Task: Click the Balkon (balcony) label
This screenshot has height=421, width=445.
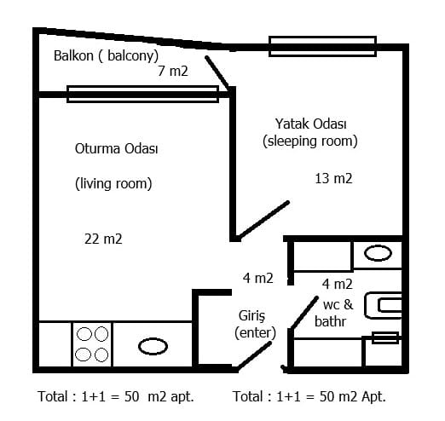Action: point(106,55)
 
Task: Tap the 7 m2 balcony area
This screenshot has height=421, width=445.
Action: point(173,71)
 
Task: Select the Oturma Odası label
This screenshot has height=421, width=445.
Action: point(116,148)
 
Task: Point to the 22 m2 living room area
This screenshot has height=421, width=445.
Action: point(103,239)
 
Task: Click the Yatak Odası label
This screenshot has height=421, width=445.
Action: point(310,124)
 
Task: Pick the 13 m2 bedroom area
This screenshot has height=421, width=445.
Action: point(333,179)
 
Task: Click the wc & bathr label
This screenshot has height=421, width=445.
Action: point(334,314)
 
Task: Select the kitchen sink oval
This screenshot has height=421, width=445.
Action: point(153,346)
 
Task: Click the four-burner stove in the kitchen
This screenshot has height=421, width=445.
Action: point(92,344)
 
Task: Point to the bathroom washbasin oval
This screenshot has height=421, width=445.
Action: point(378,253)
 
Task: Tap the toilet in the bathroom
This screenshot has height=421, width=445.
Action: point(384,306)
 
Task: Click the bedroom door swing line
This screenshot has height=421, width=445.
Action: point(263,220)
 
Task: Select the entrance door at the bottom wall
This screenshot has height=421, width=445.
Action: point(254,356)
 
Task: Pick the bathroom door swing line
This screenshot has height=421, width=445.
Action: point(304,313)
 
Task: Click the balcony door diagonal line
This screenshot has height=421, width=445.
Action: point(218,72)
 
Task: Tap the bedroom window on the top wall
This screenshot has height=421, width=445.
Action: point(322,46)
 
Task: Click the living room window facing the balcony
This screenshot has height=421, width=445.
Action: point(142,94)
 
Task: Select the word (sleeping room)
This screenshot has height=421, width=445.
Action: point(310,141)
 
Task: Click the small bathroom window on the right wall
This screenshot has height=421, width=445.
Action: point(385,337)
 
